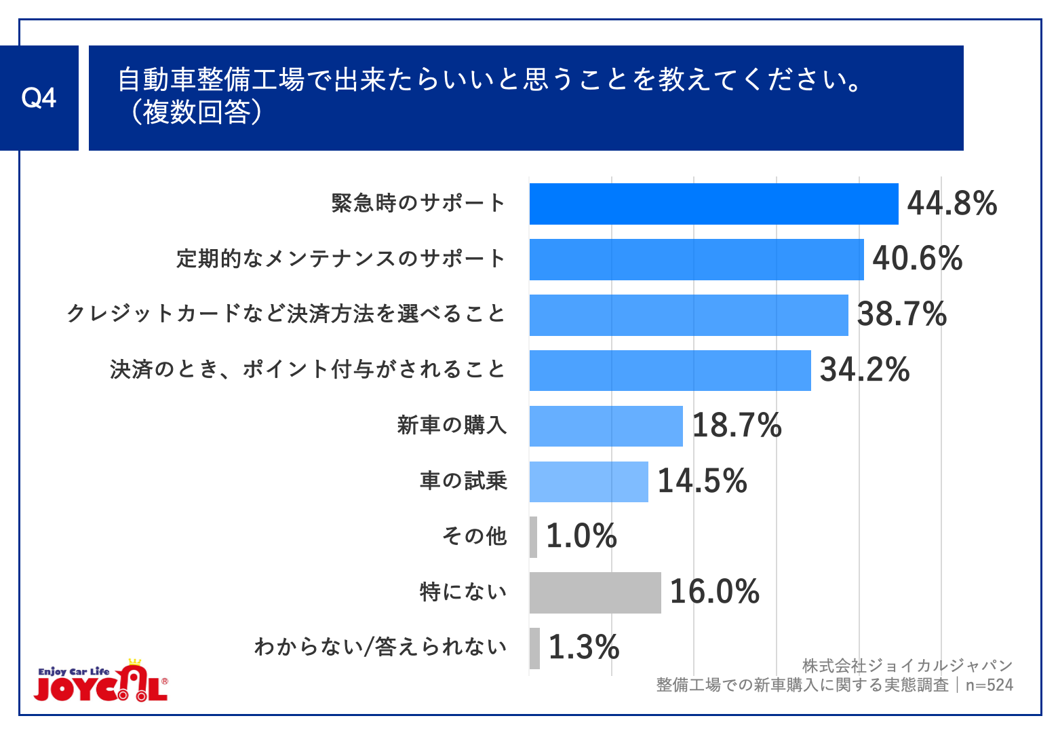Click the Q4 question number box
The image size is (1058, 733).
[39, 98]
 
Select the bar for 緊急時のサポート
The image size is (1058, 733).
[713, 204]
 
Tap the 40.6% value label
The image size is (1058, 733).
[917, 259]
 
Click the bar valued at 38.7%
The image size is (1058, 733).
[688, 315]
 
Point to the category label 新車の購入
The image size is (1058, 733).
[452, 426]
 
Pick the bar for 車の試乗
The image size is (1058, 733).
[589, 482]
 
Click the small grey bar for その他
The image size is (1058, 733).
[534, 537]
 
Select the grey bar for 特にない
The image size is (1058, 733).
[595, 593]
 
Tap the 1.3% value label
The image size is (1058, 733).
[583, 647]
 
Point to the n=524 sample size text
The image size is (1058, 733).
[989, 685]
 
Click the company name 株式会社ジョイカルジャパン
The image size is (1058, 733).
[907, 666]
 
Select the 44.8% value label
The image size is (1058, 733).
[952, 204]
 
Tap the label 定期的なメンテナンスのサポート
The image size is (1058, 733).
[341, 259]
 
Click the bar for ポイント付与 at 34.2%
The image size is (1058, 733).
[670, 371]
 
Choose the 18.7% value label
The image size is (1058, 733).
[737, 426]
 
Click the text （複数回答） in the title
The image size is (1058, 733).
[191, 113]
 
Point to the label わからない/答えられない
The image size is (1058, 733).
[380, 647]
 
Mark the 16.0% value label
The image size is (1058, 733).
[714, 592]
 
